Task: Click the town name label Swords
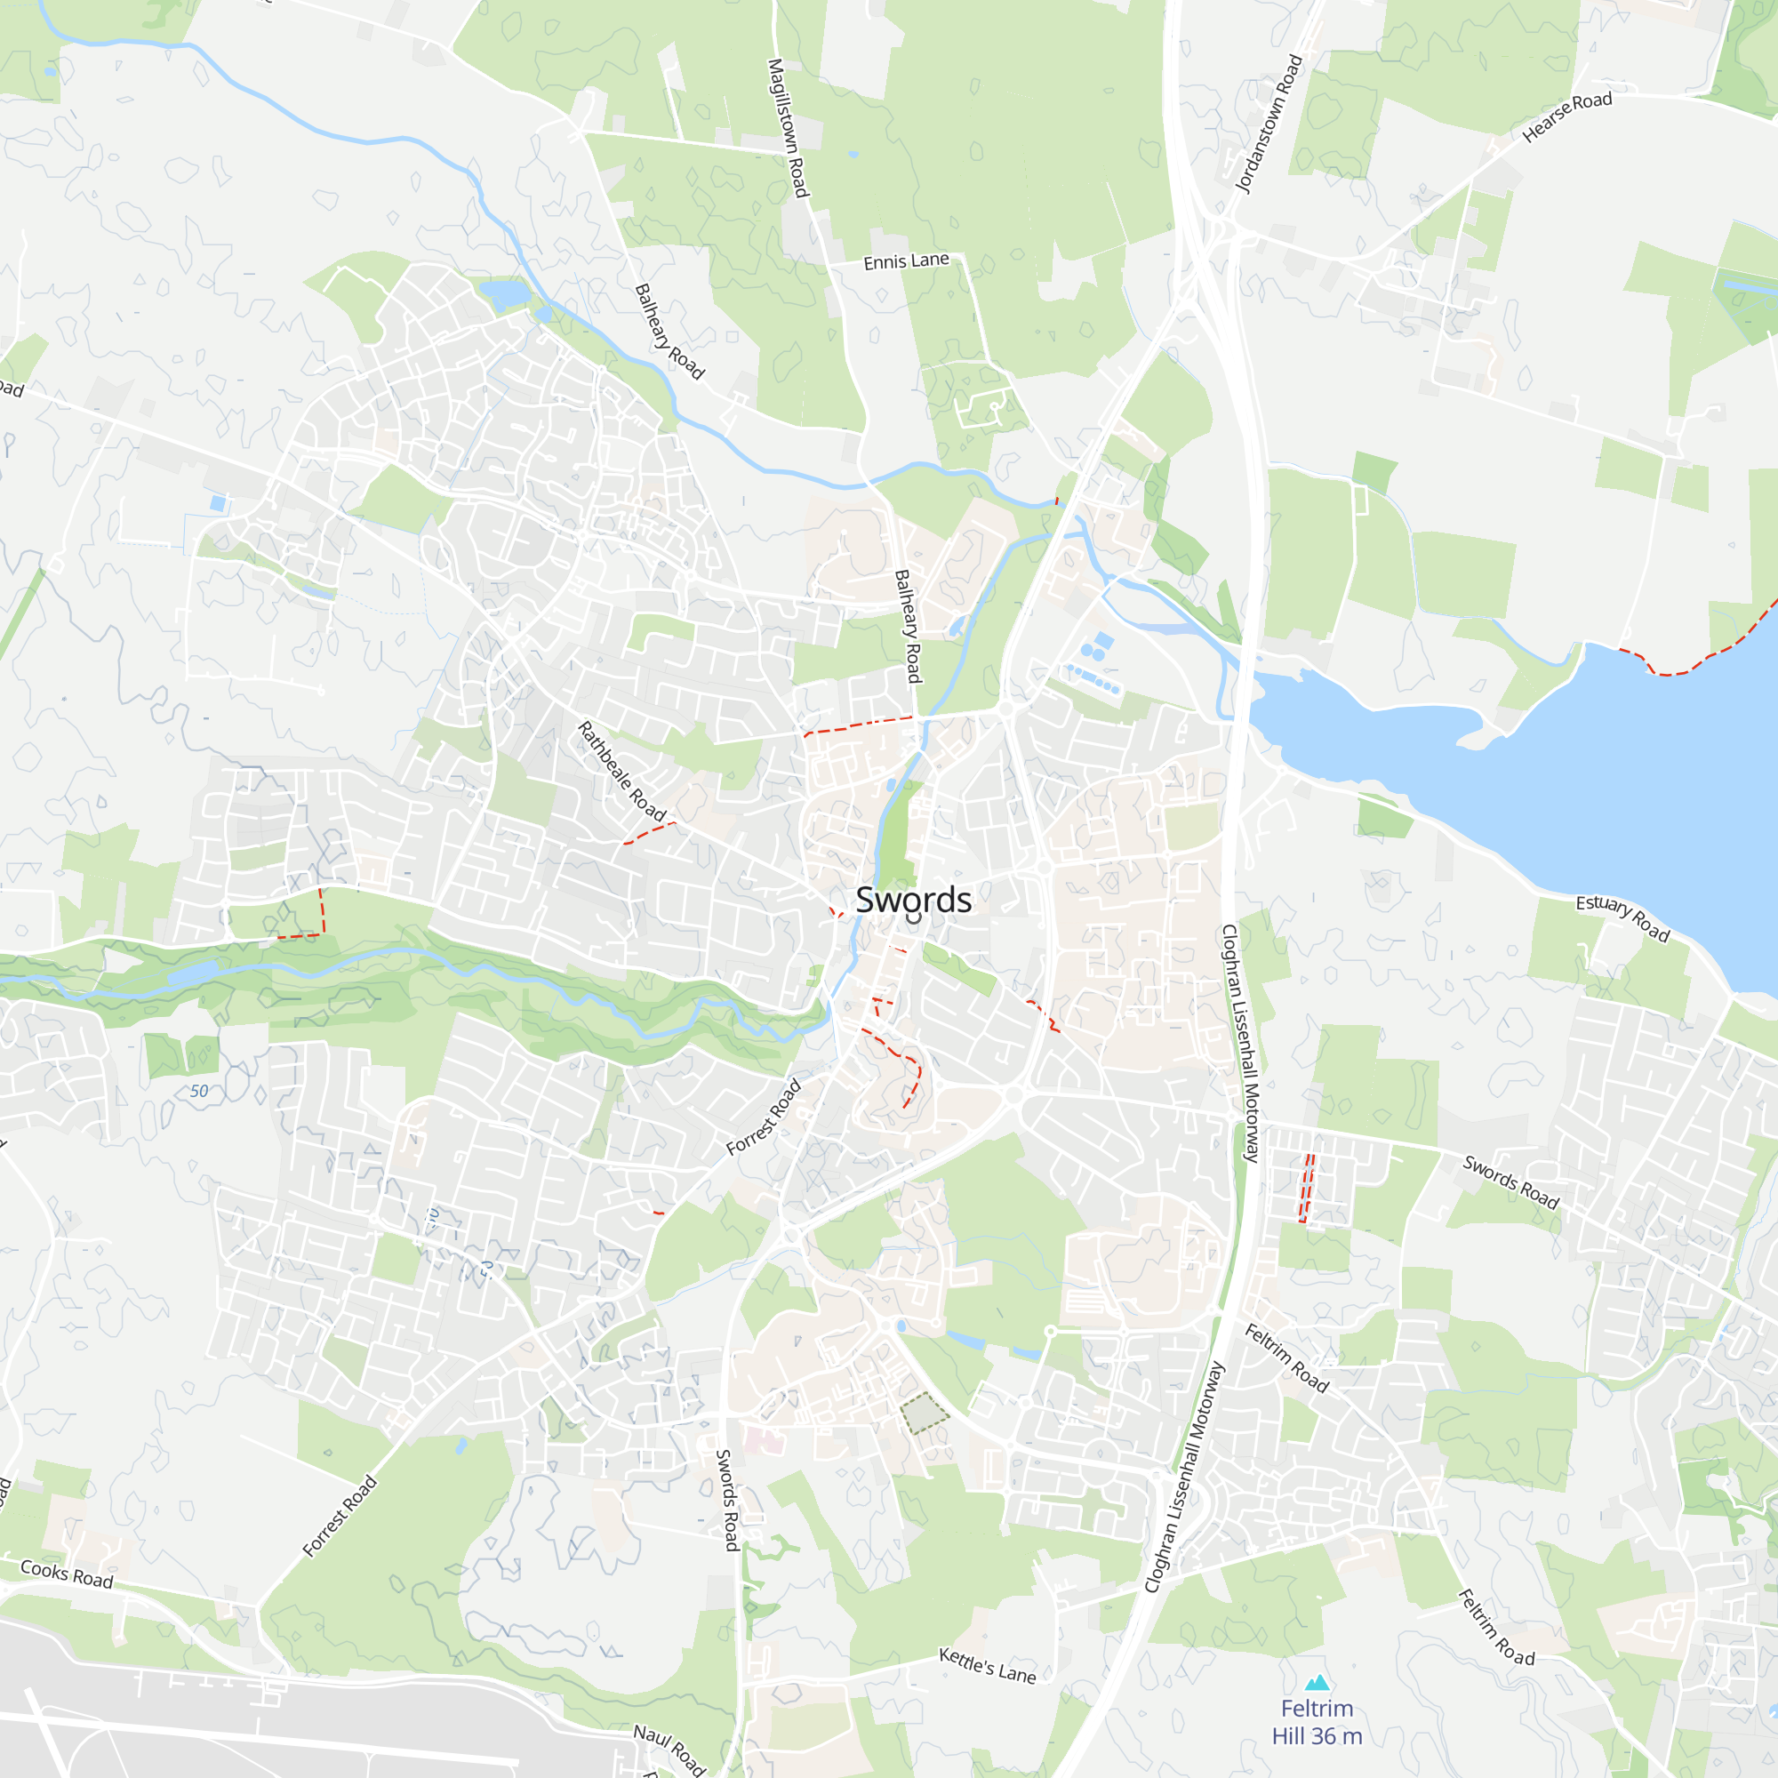pos(913,899)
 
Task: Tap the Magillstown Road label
pos(788,128)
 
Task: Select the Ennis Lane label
pos(906,261)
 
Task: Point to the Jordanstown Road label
pos(1269,124)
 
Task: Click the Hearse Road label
pos(1566,116)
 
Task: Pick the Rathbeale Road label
pos(621,770)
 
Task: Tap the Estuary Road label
pos(1622,917)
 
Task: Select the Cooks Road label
pos(67,1573)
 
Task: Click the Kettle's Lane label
pos(987,1665)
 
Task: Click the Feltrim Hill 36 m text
pos(1317,1722)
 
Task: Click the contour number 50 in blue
pos(199,1092)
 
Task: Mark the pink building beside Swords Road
pos(763,1439)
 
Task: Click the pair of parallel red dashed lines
pos(1306,1188)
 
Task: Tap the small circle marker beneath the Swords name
pos(913,918)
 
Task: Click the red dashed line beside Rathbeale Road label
pos(649,832)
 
